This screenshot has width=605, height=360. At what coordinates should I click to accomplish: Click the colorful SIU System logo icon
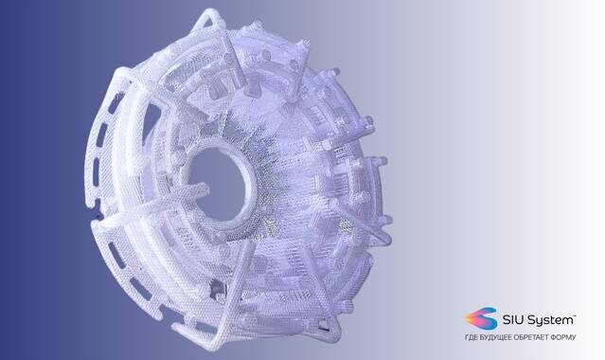pyautogui.click(x=481, y=318)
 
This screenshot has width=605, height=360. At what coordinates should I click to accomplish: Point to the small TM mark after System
pyautogui.click(x=575, y=316)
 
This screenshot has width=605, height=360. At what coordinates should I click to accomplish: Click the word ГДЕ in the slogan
pyautogui.click(x=471, y=337)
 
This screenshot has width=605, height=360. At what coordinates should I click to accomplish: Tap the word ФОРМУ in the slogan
pyautogui.click(x=563, y=337)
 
